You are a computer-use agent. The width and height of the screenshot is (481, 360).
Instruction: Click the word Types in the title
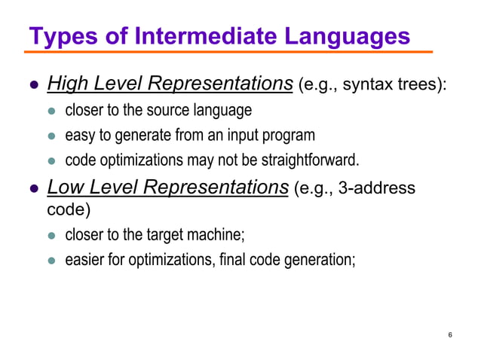tap(58, 35)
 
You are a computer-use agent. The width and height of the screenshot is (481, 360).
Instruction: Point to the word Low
tap(64, 188)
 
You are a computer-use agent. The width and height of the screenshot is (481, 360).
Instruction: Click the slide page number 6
tap(449, 334)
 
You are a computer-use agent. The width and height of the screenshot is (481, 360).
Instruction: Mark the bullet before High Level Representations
tap(34, 85)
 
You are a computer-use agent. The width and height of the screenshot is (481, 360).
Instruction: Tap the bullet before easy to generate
tap(53, 137)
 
